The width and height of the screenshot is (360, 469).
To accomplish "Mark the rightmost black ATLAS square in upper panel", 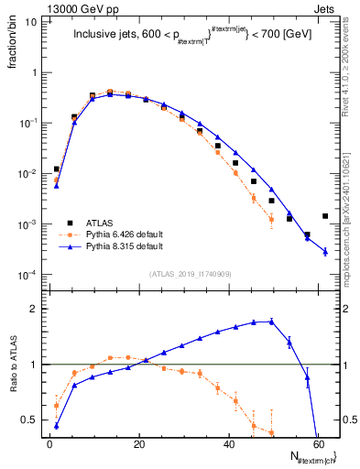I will coord(325,216).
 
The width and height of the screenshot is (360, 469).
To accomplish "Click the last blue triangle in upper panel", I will coord(325,252).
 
